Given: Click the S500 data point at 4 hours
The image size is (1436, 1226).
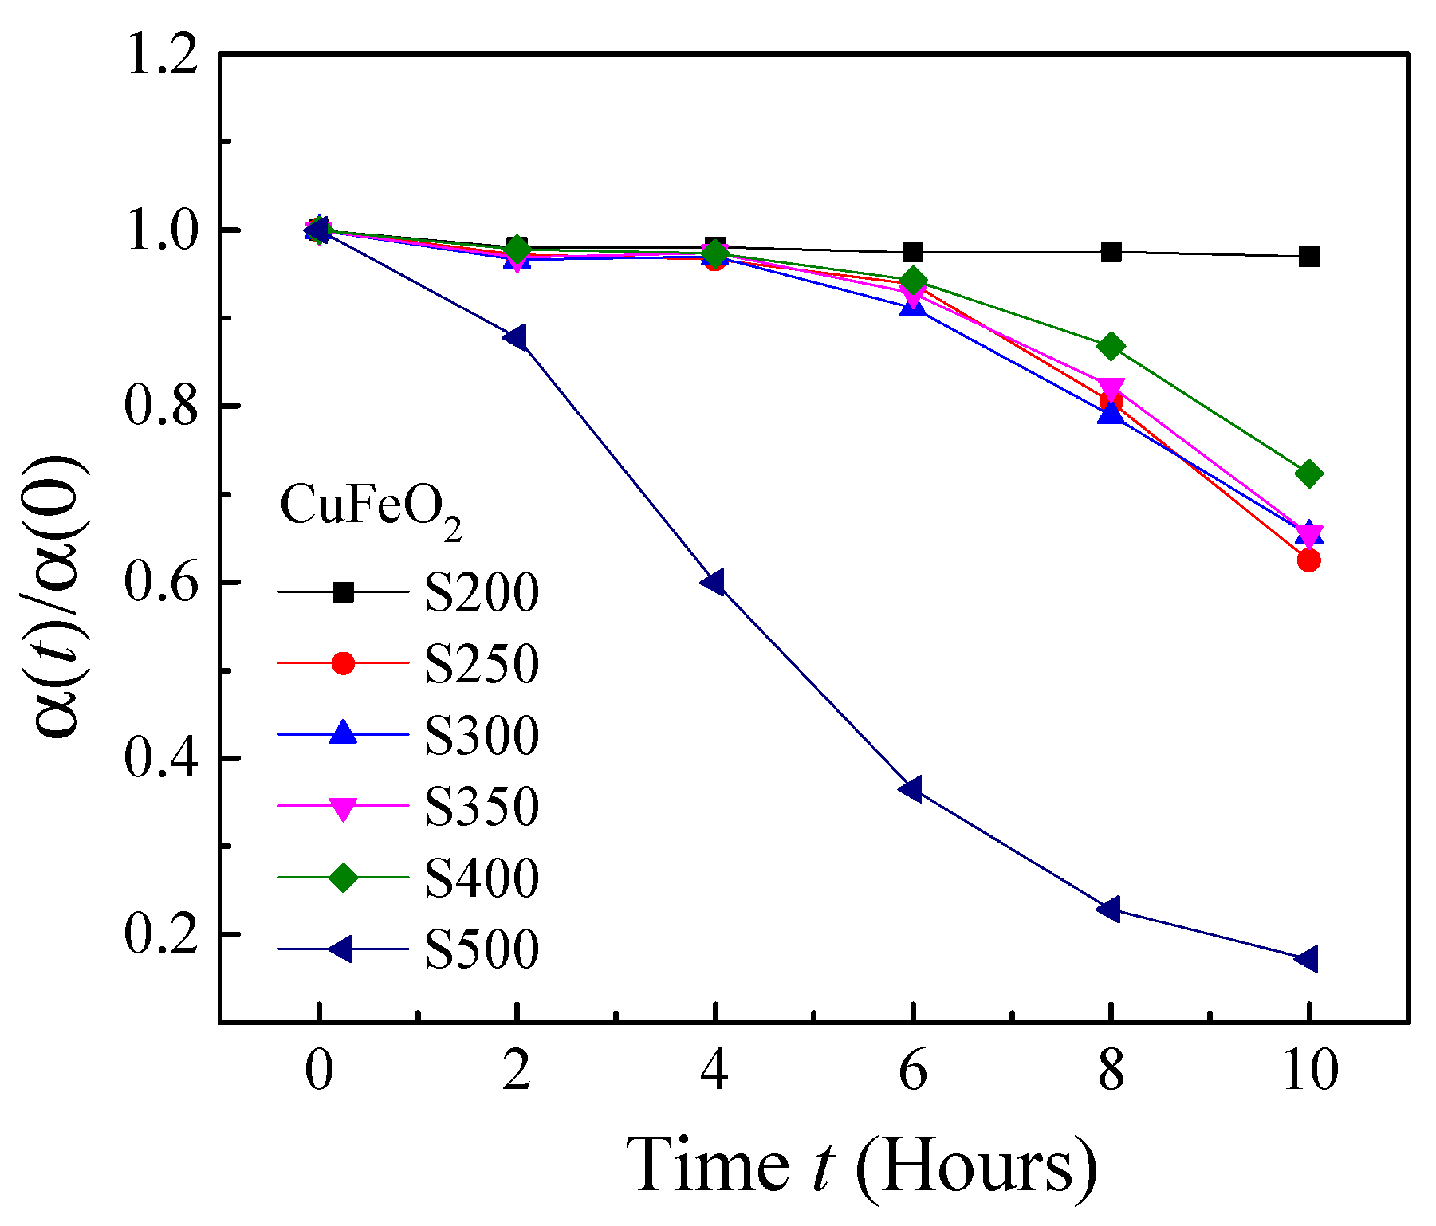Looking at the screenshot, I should coord(713,583).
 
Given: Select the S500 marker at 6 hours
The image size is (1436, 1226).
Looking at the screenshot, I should coord(911,789).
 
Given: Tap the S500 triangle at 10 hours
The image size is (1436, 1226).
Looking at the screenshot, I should coord(1306,959).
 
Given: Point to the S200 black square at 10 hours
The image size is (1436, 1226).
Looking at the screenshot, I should coord(1308,257).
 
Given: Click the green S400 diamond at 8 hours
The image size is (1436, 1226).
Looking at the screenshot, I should coord(1111,347).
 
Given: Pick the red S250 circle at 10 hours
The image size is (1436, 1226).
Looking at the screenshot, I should coord(1308,560).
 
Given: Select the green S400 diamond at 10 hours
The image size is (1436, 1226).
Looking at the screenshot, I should coord(1308,474).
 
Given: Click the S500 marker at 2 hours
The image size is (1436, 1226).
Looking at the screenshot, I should coord(515,337).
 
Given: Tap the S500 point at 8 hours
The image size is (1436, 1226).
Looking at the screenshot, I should coord(1108,910).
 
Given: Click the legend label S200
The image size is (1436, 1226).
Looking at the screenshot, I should coord(482,593).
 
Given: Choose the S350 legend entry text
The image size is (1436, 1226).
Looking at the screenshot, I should coord(482,807).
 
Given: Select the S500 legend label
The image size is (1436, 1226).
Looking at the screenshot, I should coord(482,949).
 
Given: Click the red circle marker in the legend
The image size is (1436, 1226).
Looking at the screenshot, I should coord(343,663).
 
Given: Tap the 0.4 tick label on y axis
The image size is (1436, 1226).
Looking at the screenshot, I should coord(162,759).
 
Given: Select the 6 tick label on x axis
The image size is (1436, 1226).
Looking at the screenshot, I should coord(912,1070).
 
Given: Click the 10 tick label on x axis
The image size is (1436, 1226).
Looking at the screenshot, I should coord(1308,1070).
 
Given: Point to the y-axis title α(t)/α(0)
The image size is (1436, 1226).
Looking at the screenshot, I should coord(60,598).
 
